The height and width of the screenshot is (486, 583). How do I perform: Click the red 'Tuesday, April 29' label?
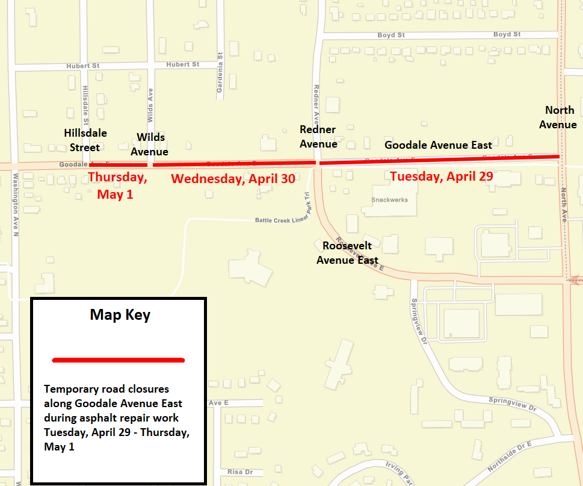[441, 176]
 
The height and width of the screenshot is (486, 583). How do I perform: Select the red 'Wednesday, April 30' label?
[233, 178]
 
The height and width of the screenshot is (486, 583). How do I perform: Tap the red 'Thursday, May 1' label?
[117, 185]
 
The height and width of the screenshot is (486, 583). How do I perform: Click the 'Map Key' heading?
[120, 314]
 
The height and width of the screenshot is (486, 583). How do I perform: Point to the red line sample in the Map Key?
[119, 360]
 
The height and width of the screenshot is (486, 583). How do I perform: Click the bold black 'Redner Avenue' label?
[318, 137]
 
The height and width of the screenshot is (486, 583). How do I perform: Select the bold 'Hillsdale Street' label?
[84, 139]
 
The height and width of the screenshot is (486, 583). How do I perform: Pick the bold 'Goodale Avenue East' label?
[438, 145]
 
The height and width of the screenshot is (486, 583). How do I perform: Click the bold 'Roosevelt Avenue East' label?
[347, 253]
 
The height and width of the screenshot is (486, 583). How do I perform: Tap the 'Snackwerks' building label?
[389, 200]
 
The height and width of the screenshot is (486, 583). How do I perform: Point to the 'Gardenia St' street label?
[220, 75]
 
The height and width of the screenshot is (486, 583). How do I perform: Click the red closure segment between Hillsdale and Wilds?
[118, 164]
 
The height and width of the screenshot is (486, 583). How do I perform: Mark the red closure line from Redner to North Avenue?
[439, 160]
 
